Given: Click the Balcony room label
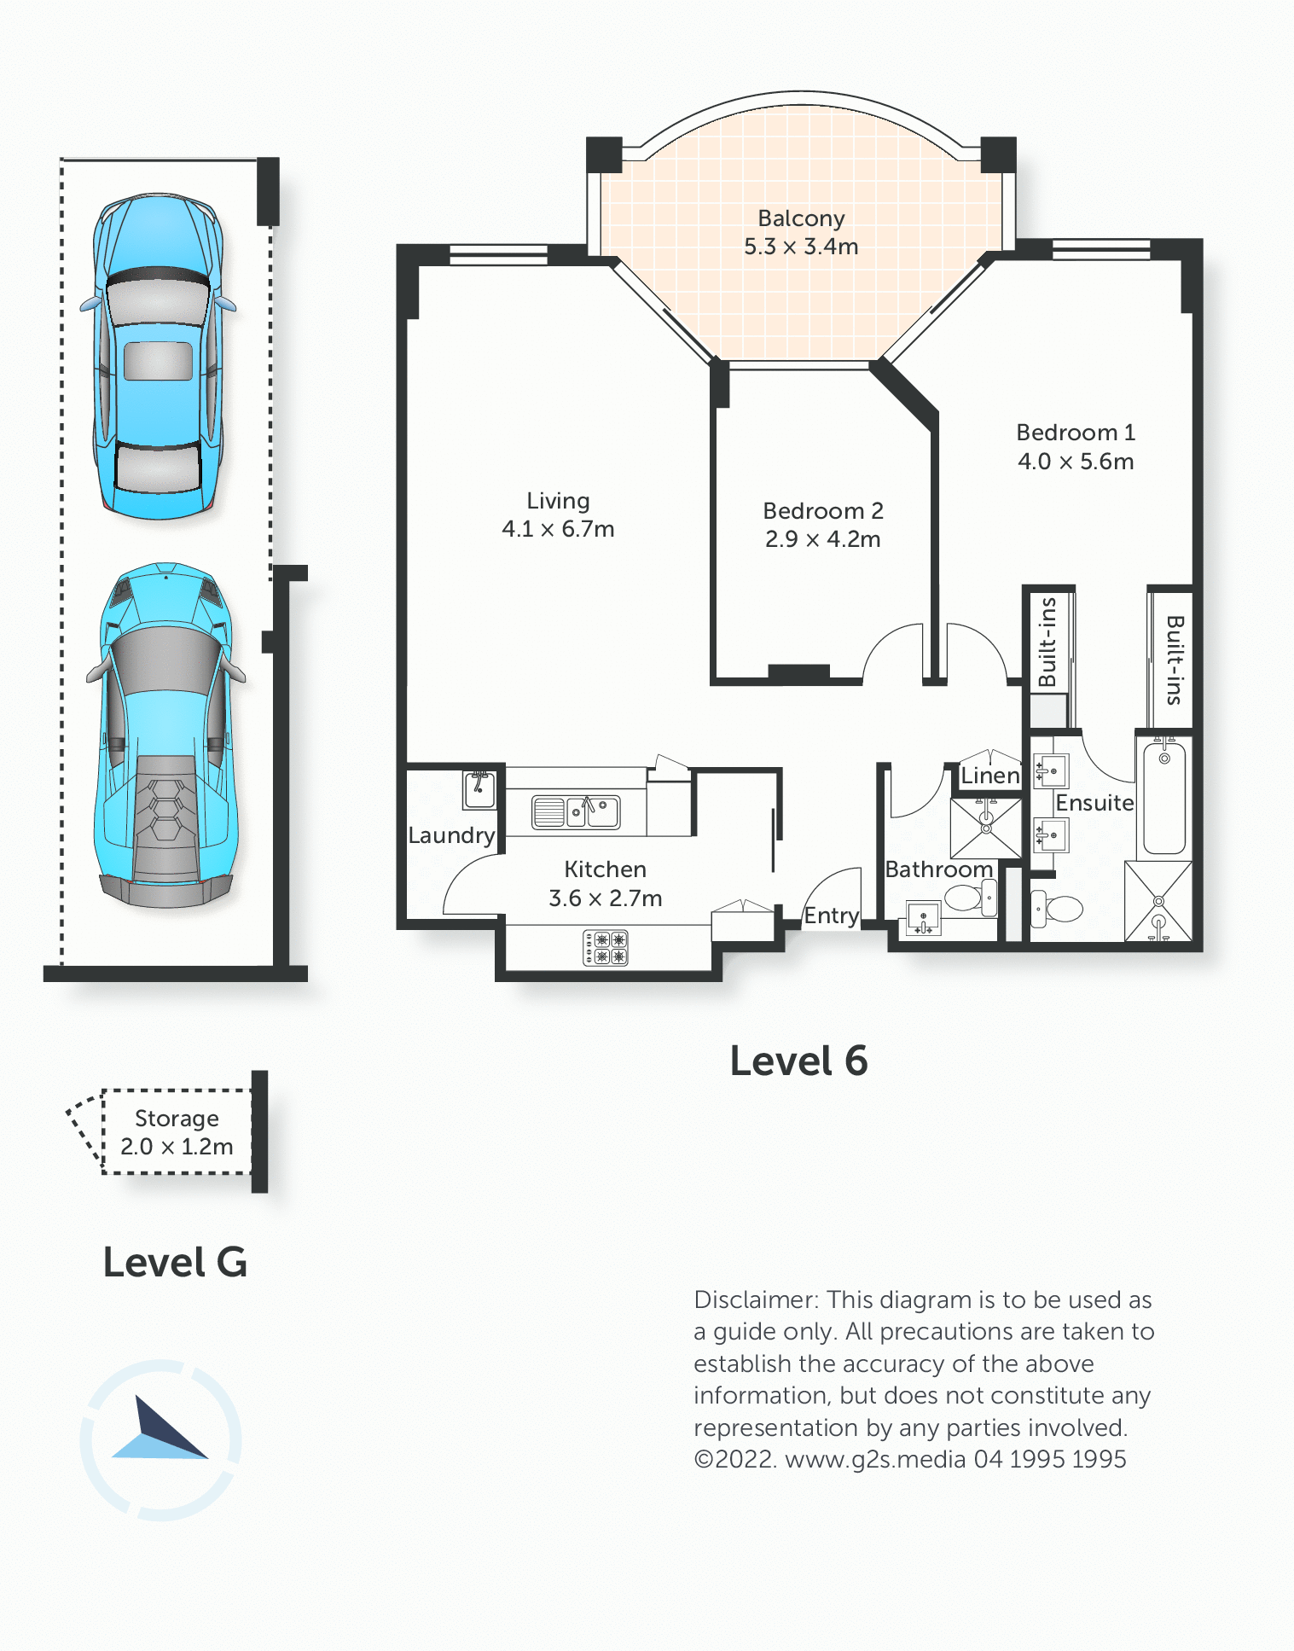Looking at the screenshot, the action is coord(801,218).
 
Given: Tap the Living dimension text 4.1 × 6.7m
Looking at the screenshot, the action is coord(558,529).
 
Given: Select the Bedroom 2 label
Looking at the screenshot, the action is coord(823,510).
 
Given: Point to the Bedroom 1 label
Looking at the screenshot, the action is coord(1076,433).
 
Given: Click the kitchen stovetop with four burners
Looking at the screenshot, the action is coord(606,948).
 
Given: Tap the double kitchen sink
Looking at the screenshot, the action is coord(576,812).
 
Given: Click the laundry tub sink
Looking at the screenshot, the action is coord(479,789).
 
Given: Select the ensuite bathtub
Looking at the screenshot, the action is coord(1164,798).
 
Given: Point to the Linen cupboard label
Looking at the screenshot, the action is coord(990,776).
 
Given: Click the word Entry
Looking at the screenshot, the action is coord(832,916).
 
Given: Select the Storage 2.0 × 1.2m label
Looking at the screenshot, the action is coord(177,1132).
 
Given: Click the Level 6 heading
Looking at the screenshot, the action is coord(798,1061).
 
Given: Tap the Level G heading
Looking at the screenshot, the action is coord(175,1263).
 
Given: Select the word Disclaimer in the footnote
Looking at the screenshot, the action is coord(757,1299).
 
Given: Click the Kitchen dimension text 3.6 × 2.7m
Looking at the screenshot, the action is coord(606,898).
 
